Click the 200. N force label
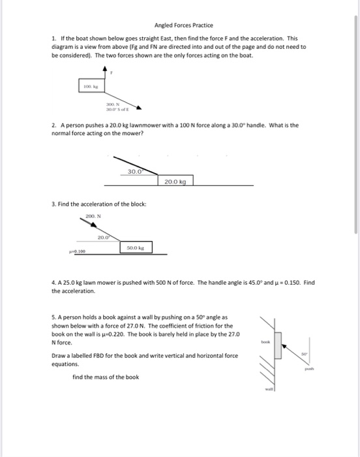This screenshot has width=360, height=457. [x=91, y=215]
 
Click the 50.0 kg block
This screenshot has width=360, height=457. [x=136, y=248]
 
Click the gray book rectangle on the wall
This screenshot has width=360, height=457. [x=278, y=345]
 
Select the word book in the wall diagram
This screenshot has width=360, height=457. [x=265, y=341]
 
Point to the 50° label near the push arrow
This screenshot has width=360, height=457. [x=304, y=354]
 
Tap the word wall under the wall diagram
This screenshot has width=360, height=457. [x=268, y=391]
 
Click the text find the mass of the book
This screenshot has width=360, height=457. [x=106, y=377]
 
